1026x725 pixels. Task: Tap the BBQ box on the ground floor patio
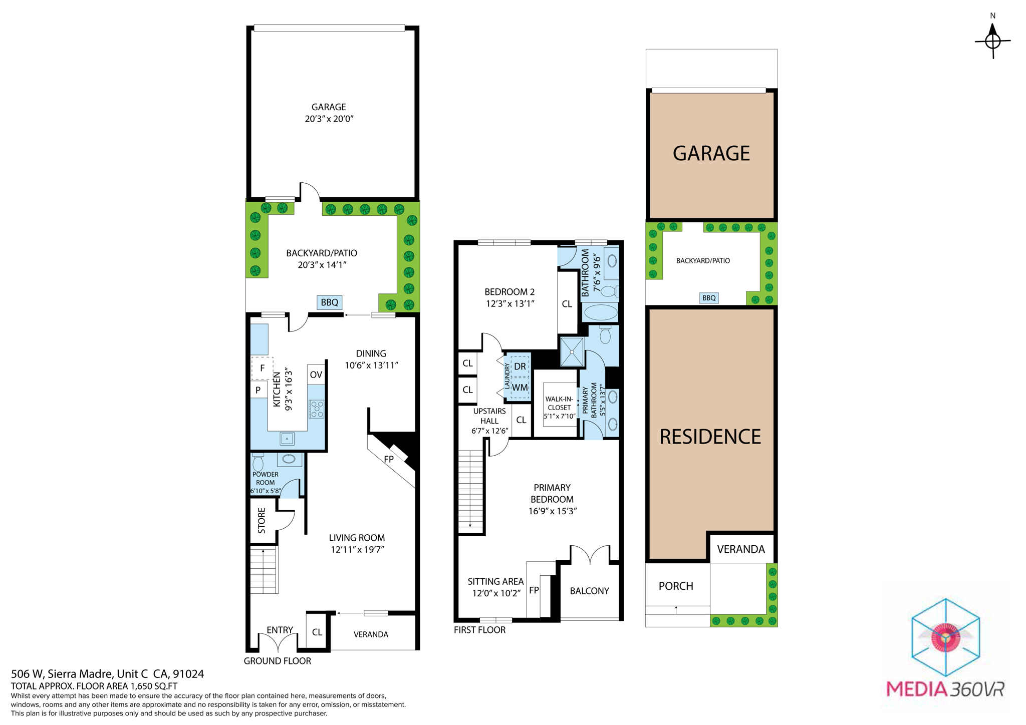(329, 302)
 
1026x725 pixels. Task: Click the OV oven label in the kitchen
(316, 375)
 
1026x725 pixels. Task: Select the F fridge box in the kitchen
(262, 369)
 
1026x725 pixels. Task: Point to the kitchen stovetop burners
(317, 409)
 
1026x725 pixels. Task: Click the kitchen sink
(287, 439)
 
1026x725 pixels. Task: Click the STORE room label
(262, 521)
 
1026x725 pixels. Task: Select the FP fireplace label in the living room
(389, 459)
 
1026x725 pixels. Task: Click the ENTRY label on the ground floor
(280, 630)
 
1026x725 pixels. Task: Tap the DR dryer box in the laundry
(520, 367)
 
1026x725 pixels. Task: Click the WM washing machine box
(520, 388)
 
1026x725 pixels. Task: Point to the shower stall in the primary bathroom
(572, 352)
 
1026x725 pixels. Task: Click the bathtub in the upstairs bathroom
(600, 312)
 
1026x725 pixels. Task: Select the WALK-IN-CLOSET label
(559, 407)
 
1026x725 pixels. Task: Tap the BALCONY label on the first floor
(589, 591)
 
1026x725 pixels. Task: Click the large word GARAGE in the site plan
(711, 153)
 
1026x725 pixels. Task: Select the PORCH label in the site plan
(676, 586)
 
